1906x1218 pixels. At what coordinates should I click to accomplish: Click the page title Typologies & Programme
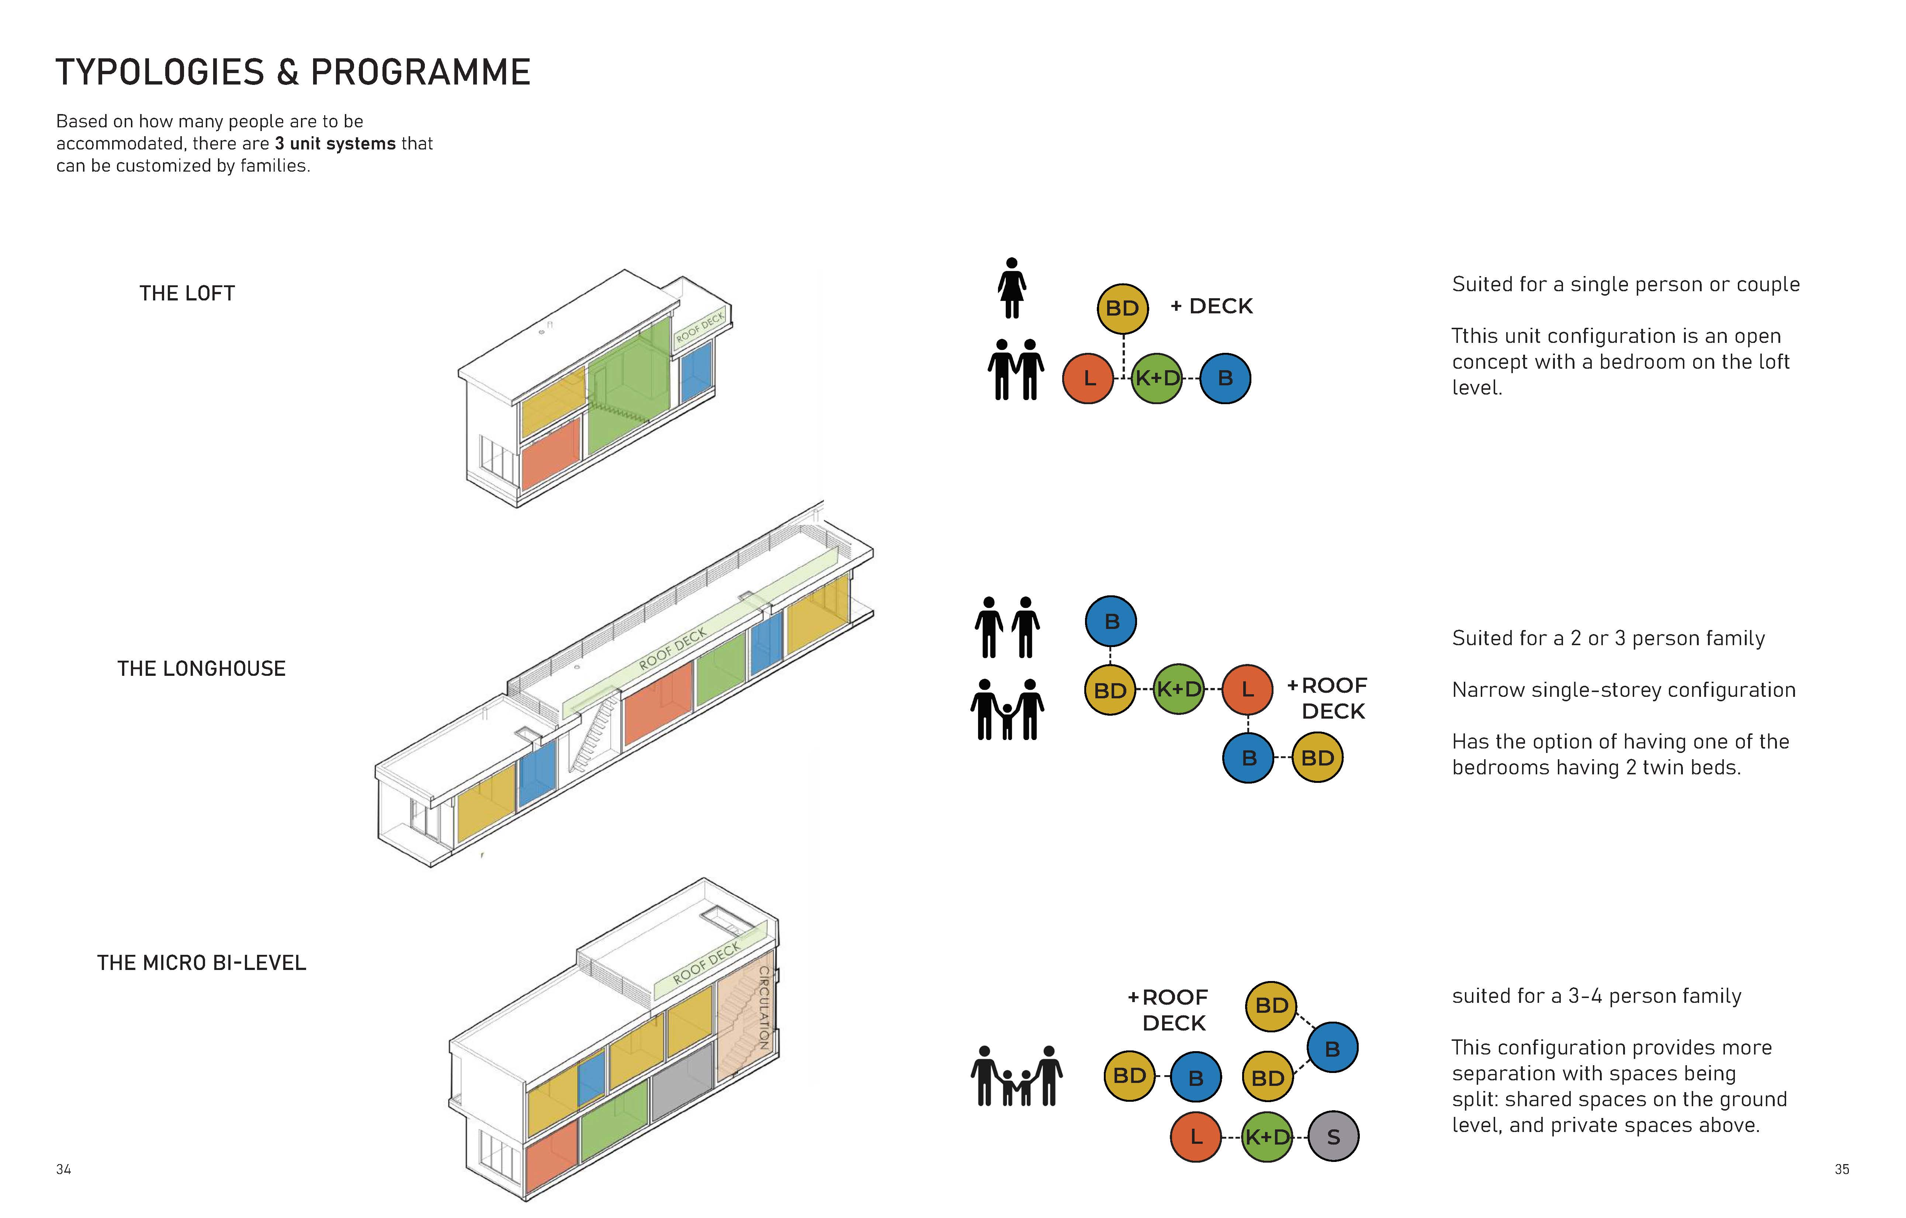pos(293,73)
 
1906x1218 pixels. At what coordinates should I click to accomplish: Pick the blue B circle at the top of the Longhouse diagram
pos(1110,622)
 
